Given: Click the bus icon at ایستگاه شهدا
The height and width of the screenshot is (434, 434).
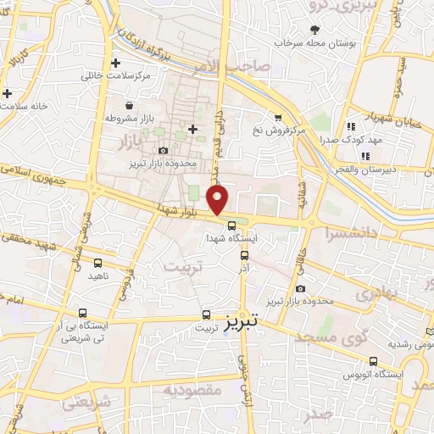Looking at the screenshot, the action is (x=232, y=225).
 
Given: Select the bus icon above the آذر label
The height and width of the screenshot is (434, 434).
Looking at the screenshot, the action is (x=245, y=254).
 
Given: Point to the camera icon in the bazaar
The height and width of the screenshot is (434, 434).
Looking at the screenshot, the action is (x=163, y=150).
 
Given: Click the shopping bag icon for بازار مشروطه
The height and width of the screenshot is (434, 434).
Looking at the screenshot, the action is (x=128, y=106).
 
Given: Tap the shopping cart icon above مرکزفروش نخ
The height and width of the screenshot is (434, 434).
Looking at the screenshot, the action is (x=277, y=117).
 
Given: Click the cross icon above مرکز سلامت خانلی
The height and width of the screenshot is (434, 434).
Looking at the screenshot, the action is (x=116, y=63).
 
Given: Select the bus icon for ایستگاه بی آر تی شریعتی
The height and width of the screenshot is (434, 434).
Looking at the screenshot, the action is (x=81, y=313).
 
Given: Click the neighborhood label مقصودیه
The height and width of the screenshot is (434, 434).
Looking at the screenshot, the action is (x=192, y=390).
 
